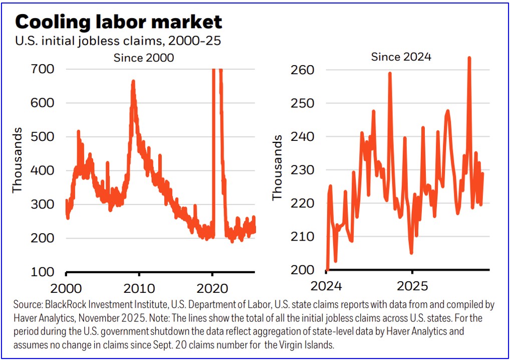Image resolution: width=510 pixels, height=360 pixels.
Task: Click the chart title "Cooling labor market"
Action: (118, 22)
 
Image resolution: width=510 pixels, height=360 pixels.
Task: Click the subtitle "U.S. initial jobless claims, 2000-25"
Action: (118, 41)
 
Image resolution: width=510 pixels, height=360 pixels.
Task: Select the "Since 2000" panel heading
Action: (143, 58)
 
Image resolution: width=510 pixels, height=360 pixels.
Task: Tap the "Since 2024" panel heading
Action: (401, 57)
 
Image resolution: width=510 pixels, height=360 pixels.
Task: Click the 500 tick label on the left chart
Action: (43, 136)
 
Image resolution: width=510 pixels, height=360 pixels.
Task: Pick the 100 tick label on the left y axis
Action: (43, 272)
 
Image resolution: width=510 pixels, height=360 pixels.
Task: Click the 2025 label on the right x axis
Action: (412, 286)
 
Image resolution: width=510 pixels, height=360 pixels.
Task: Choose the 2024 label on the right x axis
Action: (326, 286)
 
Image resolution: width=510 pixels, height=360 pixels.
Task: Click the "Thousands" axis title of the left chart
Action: (18, 160)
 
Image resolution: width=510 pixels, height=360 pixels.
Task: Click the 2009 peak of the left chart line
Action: (133, 81)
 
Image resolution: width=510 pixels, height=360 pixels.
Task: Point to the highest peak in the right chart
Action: (469, 58)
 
